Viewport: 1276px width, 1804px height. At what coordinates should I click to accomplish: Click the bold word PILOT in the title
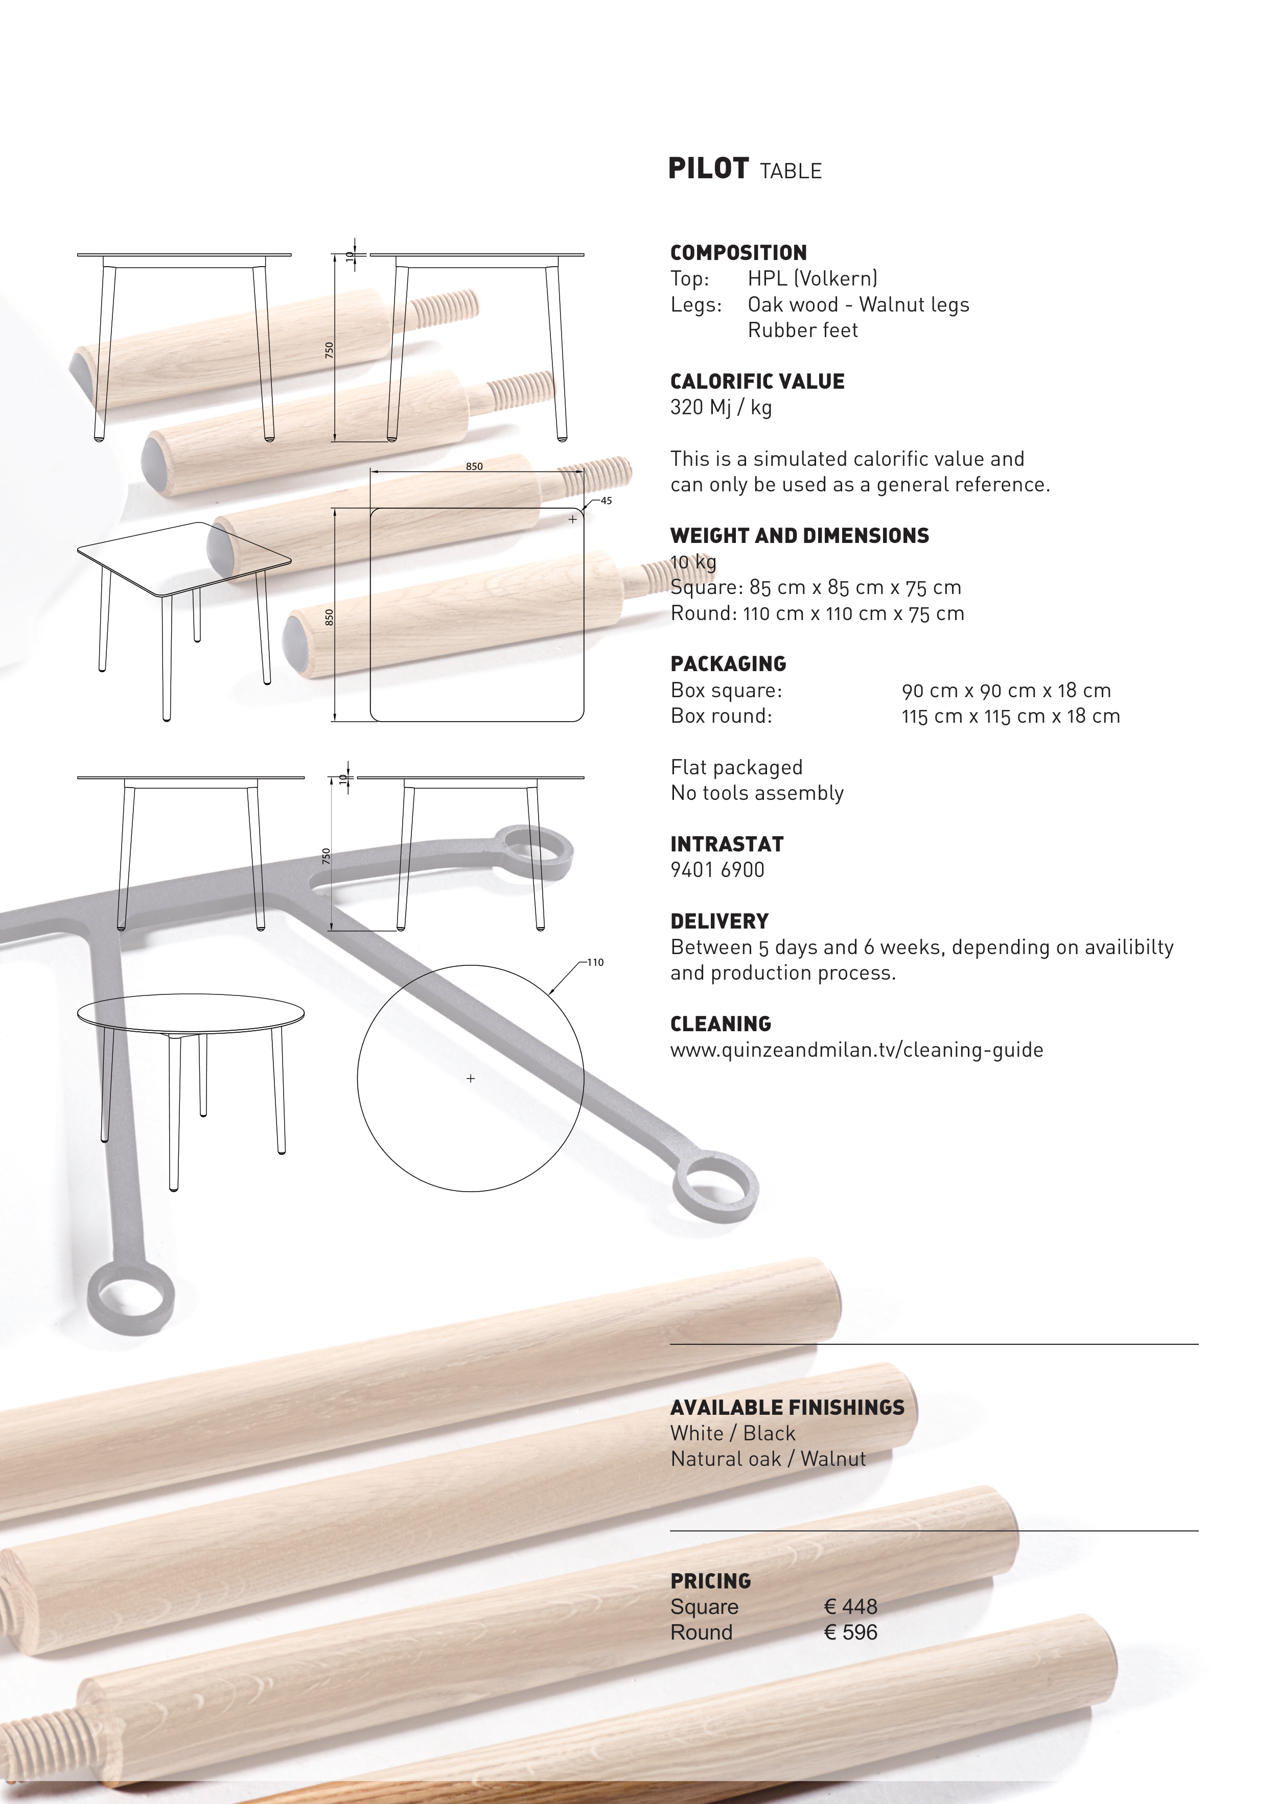(x=708, y=169)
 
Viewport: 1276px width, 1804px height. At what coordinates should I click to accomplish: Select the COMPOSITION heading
(x=738, y=253)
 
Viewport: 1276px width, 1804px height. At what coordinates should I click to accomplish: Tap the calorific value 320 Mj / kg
(x=721, y=408)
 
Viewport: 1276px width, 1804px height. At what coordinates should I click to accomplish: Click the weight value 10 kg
(x=693, y=562)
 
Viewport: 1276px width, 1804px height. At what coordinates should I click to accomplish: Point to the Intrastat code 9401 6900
(x=717, y=870)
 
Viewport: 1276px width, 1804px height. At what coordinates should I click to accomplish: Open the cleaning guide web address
(x=856, y=1051)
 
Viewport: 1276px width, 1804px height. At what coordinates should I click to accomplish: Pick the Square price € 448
(x=850, y=1607)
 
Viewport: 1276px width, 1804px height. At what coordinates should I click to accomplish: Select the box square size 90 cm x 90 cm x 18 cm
(x=1006, y=691)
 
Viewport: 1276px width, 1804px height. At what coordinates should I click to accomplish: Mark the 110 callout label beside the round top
(x=595, y=962)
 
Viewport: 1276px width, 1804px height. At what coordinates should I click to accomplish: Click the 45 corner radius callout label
(x=606, y=501)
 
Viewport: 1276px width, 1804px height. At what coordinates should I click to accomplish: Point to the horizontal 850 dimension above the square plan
(x=474, y=466)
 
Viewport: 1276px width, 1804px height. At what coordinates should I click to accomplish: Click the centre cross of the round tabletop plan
(x=471, y=1079)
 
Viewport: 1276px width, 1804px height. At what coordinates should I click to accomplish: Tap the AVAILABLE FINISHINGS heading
(x=787, y=1407)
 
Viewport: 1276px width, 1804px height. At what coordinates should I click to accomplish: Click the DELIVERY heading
(x=720, y=921)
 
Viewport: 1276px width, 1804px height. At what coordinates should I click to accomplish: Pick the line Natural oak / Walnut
(x=768, y=1459)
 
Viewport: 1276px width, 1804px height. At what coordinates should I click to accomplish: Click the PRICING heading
(x=710, y=1581)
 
